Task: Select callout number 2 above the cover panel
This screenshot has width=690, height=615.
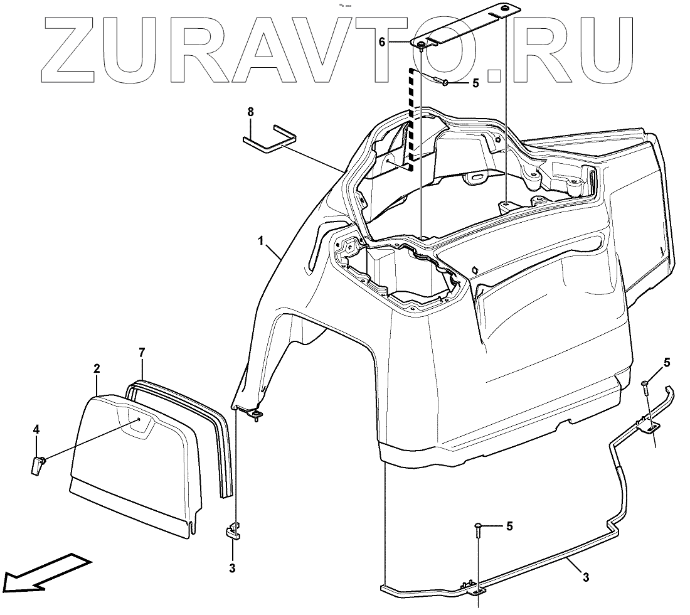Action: click(x=97, y=370)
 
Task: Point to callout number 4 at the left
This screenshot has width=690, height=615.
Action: click(x=36, y=429)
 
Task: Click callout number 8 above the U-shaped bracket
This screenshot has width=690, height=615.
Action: click(x=250, y=112)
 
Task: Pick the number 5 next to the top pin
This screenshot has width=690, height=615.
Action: click(x=475, y=82)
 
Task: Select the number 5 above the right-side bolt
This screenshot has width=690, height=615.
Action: click(x=667, y=362)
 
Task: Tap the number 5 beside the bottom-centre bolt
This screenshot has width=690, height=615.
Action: click(x=509, y=526)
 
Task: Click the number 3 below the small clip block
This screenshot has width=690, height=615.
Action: click(x=232, y=569)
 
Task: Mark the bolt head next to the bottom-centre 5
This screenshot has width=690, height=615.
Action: click(x=478, y=525)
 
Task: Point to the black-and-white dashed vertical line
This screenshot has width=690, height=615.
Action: click(x=411, y=119)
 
